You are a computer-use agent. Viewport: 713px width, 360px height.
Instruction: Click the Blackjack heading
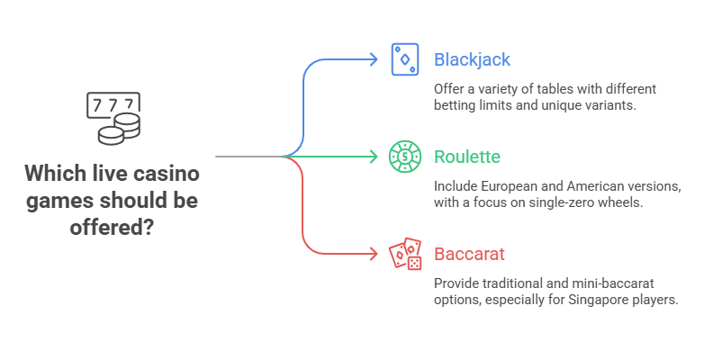(x=472, y=60)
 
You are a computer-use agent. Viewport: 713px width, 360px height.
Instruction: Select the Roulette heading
(x=466, y=157)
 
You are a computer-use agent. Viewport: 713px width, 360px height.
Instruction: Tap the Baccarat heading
(x=469, y=255)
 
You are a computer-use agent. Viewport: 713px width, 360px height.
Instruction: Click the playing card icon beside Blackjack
(x=404, y=59)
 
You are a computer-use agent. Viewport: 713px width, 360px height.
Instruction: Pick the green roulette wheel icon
(x=404, y=157)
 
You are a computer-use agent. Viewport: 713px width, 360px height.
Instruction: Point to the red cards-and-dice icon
(x=404, y=255)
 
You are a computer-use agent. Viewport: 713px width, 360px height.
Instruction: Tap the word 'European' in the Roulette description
(x=510, y=187)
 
